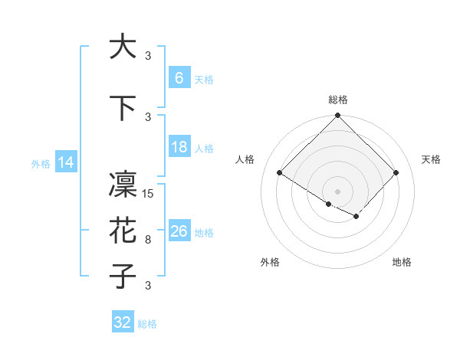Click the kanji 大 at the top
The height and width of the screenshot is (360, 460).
click(123, 47)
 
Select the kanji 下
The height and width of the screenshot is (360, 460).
click(123, 108)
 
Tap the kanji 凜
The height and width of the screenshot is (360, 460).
click(123, 185)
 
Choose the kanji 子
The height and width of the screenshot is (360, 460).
click(123, 277)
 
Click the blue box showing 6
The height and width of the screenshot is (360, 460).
click(179, 77)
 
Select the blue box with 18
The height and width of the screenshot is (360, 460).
click(179, 147)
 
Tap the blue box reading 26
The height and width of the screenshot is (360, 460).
click(179, 231)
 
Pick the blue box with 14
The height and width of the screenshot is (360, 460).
click(66, 162)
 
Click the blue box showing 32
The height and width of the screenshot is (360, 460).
click(123, 322)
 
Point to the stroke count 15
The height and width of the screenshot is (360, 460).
click(149, 194)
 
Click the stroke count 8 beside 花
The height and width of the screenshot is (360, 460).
click(148, 240)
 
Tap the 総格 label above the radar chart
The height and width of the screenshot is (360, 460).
click(338, 100)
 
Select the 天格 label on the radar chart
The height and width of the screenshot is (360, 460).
click(431, 159)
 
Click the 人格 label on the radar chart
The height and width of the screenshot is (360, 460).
click(245, 159)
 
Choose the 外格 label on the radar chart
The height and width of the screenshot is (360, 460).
click(270, 262)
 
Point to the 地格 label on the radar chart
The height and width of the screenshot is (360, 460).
click(402, 262)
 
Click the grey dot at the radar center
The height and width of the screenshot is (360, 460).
click(337, 191)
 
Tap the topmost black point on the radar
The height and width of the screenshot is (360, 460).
click(337, 116)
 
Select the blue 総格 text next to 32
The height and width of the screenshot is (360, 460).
click(147, 324)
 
